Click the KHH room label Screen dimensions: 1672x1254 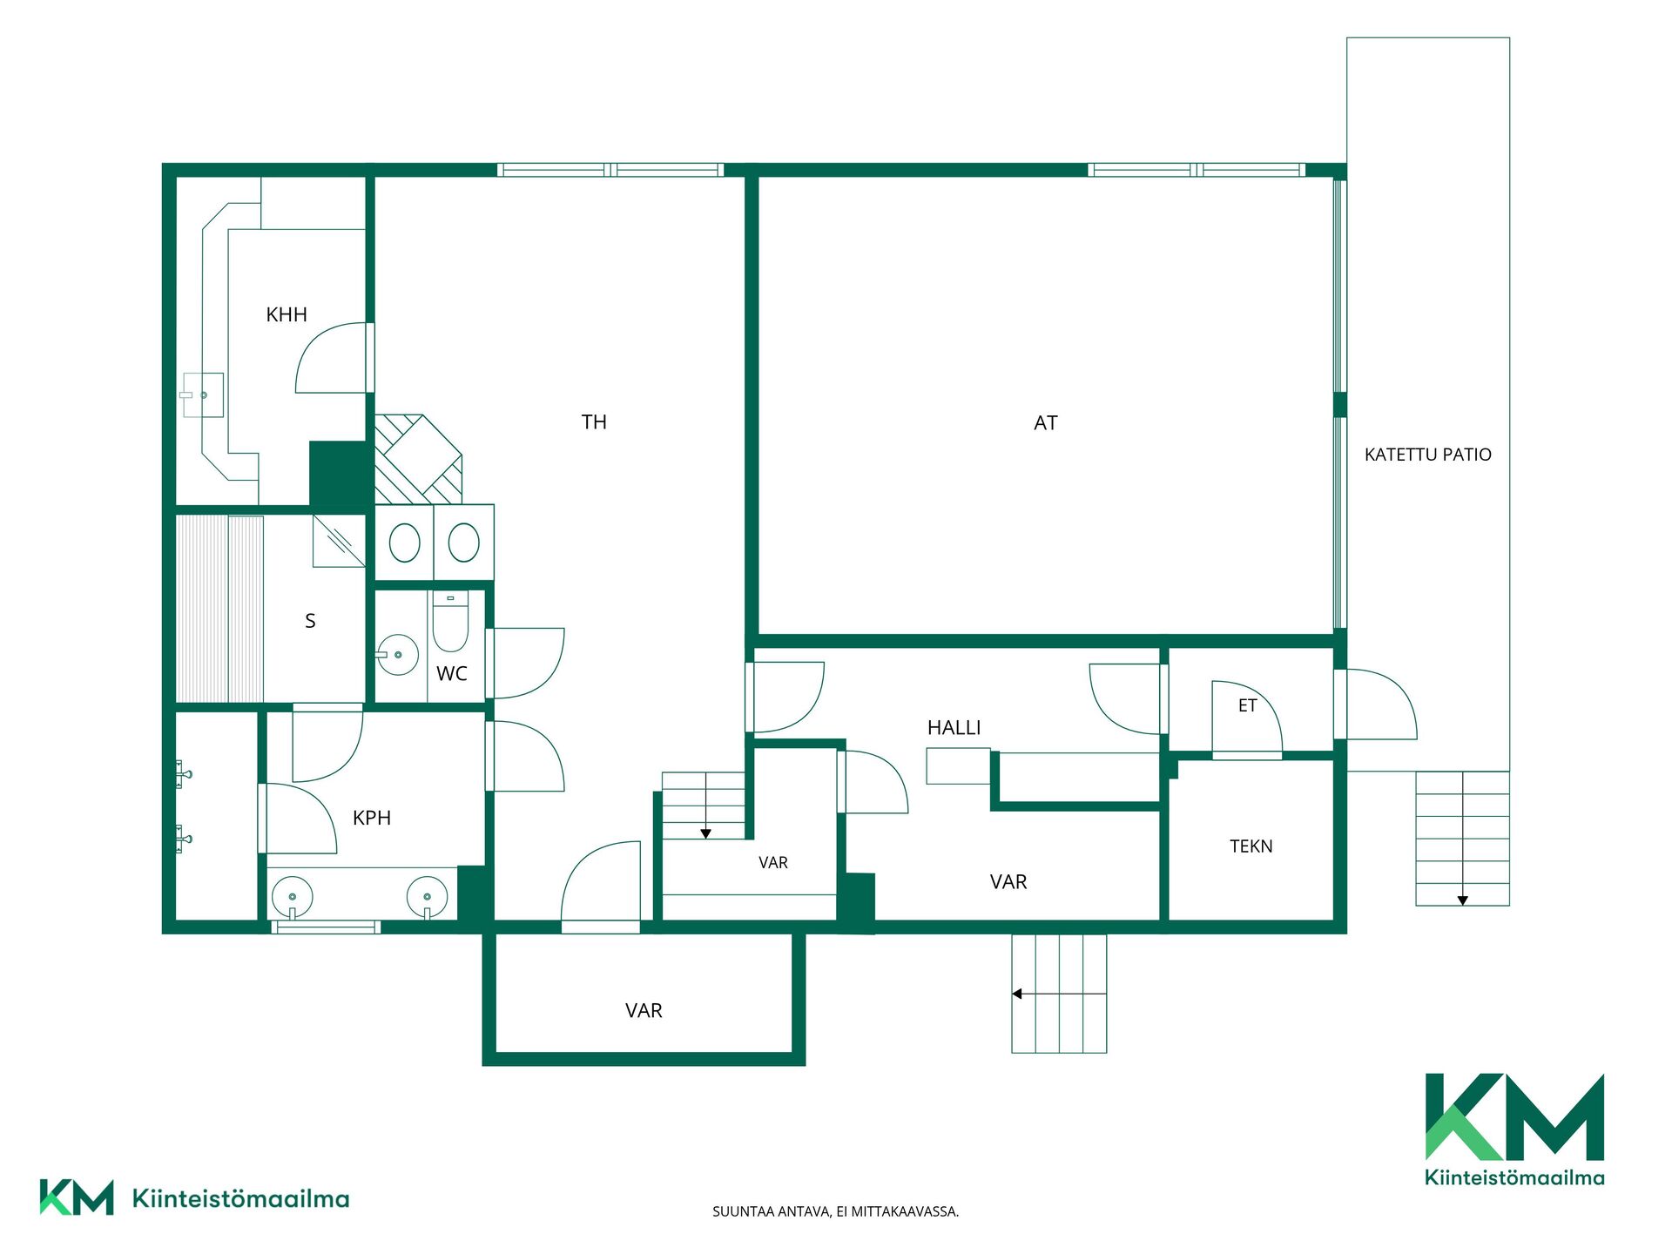click(287, 314)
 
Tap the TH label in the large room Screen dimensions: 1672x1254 click(594, 422)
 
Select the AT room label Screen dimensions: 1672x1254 click(1046, 423)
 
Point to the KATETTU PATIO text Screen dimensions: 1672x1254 click(1428, 455)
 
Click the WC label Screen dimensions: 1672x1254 click(452, 673)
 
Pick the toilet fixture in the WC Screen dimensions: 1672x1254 click(450, 621)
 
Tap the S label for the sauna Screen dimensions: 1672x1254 click(310, 621)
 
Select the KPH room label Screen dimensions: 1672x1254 click(372, 818)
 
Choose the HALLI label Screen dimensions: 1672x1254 click(954, 728)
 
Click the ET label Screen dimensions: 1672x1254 click(1248, 705)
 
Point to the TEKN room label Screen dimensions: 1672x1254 click(1251, 846)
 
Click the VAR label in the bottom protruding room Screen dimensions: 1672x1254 click(644, 1011)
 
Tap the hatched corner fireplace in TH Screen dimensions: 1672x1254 click(418, 459)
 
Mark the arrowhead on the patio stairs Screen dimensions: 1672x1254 click(1463, 900)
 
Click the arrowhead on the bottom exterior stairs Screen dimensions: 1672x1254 click(1016, 994)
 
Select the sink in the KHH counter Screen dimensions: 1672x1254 click(203, 395)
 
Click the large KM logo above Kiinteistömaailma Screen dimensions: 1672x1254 click(1514, 1116)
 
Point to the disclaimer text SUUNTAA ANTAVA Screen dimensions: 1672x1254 click(772, 1211)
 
